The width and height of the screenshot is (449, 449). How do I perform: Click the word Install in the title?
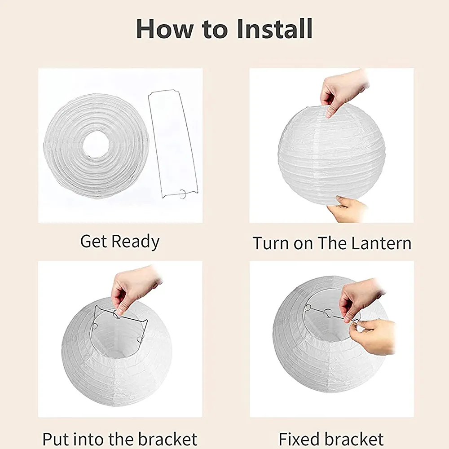(x=275, y=29)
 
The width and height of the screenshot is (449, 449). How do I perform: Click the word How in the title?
(x=165, y=29)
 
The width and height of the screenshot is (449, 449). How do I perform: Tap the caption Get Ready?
(x=120, y=242)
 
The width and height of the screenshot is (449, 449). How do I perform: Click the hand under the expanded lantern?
(x=347, y=208)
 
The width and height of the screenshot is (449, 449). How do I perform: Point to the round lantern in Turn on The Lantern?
(x=331, y=154)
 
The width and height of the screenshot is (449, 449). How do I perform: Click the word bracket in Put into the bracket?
(x=167, y=439)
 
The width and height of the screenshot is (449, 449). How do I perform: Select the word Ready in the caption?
(x=135, y=242)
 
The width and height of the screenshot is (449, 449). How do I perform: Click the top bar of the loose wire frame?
(x=162, y=92)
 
